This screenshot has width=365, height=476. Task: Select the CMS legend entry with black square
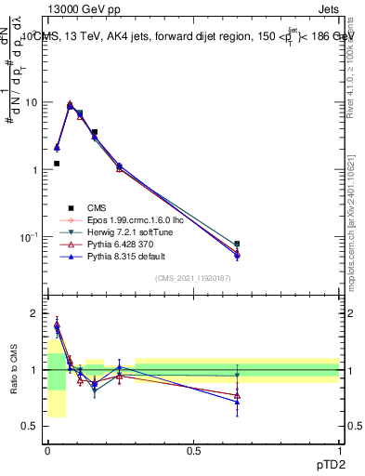click(x=99, y=207)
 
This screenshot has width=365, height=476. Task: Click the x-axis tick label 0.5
click(x=193, y=450)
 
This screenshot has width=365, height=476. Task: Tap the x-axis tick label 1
click(x=339, y=450)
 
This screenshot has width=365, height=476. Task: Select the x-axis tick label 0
click(x=47, y=450)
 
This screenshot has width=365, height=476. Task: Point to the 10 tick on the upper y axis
click(x=33, y=102)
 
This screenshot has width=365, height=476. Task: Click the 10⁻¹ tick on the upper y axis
click(x=31, y=236)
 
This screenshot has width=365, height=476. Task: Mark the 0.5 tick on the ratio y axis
click(x=33, y=426)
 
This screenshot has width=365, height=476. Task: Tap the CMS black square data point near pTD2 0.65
click(x=237, y=244)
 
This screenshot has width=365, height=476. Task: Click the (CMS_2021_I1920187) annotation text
click(x=194, y=277)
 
